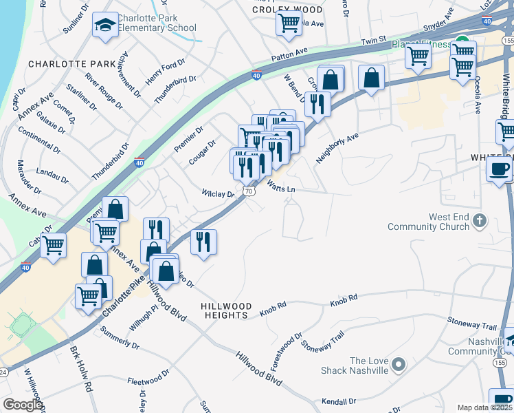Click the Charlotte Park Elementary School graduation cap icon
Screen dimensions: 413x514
click(104, 25)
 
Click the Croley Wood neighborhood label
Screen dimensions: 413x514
click(287, 10)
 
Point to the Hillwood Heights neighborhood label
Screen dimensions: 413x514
click(226, 310)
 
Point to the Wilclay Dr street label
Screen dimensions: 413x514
click(218, 194)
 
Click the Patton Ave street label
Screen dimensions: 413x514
click(289, 52)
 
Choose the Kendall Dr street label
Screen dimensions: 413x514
click(339, 401)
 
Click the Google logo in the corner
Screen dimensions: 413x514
click(23, 405)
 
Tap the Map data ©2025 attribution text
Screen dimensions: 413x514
click(484, 407)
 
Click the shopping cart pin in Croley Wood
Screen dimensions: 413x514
click(289, 23)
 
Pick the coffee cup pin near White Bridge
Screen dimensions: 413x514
click(499, 169)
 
